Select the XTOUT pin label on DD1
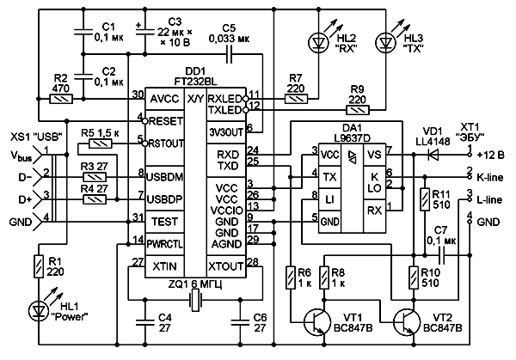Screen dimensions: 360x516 point(227,266)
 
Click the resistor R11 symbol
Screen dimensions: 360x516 point(422,202)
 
